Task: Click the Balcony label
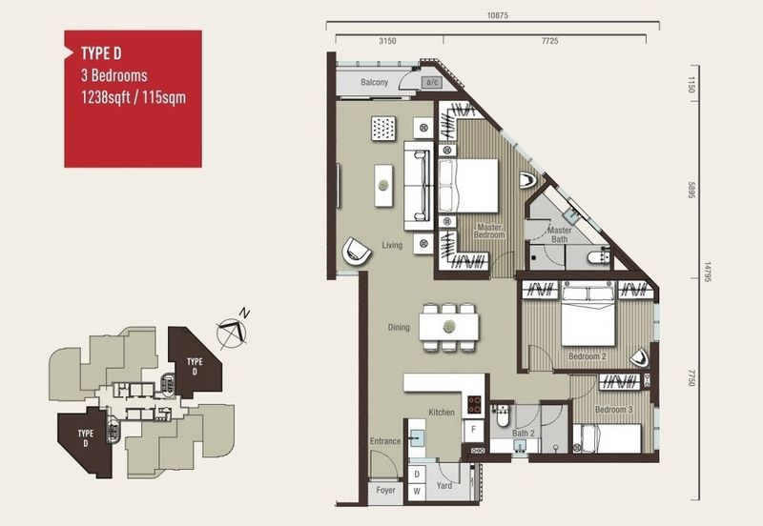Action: point(374,82)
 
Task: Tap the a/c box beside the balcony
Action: point(432,82)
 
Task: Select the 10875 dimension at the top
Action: point(497,15)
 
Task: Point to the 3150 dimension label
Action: point(387,41)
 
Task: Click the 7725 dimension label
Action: point(550,41)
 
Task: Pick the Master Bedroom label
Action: point(489,231)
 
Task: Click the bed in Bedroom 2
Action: point(588,314)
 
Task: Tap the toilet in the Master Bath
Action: point(599,255)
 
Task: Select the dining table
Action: point(449,327)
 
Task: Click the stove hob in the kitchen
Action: point(474,404)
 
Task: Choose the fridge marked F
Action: point(473,430)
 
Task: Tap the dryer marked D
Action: point(417,475)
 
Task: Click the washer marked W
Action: point(417,492)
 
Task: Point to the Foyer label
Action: point(385,490)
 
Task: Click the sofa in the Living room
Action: point(419,186)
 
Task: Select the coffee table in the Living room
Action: point(383,185)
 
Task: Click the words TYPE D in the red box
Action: point(101,53)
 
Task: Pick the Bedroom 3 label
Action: point(613,410)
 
